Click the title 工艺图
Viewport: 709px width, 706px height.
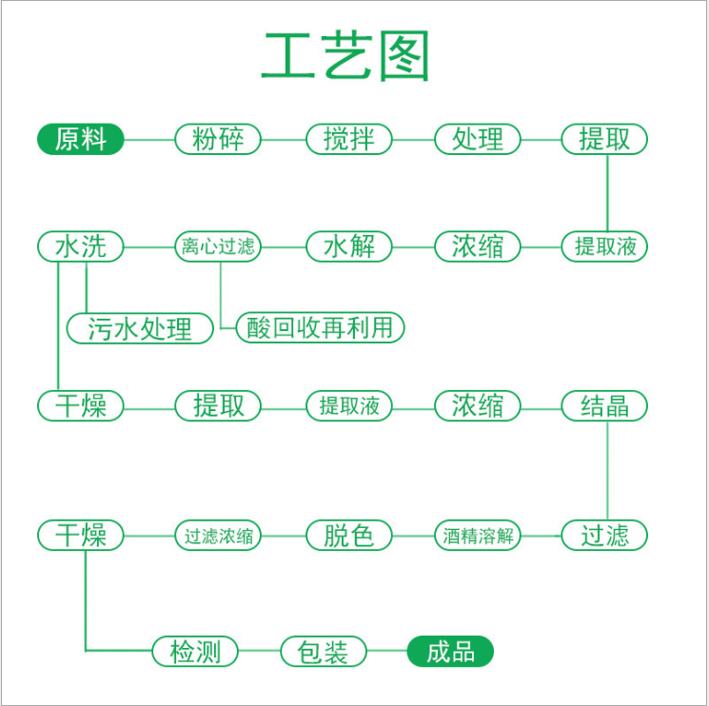(x=345, y=56)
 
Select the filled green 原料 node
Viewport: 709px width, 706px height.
(x=81, y=139)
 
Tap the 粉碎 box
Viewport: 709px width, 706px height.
(x=218, y=139)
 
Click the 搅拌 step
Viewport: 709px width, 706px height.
(x=349, y=139)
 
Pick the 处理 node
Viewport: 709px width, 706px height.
(x=478, y=139)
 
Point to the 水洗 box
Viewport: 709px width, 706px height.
(x=81, y=246)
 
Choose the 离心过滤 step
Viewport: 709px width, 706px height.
(x=218, y=246)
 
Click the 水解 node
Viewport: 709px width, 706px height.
(x=349, y=246)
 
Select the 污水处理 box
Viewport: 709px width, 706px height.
(x=140, y=328)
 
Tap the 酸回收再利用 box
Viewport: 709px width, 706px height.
(x=320, y=327)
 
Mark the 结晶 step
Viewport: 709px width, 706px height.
(x=604, y=406)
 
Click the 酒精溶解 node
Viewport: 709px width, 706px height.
(x=478, y=536)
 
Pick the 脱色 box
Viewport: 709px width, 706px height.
(x=349, y=536)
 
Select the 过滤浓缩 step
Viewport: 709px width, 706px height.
(x=218, y=536)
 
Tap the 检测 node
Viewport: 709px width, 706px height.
(x=195, y=652)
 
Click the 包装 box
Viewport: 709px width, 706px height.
(x=324, y=652)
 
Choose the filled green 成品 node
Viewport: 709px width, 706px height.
(x=450, y=652)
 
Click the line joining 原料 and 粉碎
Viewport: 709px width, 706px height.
(x=149, y=140)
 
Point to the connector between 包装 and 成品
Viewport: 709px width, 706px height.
(x=387, y=652)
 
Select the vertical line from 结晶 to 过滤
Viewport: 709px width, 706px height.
(x=607, y=471)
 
